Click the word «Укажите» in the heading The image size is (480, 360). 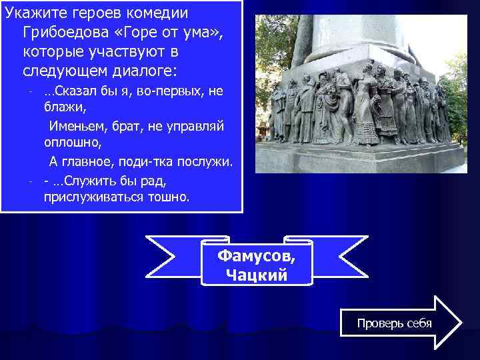pos(33,13)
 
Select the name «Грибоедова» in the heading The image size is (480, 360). pos(61,32)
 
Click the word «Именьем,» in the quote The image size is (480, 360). pos(75,125)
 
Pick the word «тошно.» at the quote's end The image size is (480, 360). pos(170,197)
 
